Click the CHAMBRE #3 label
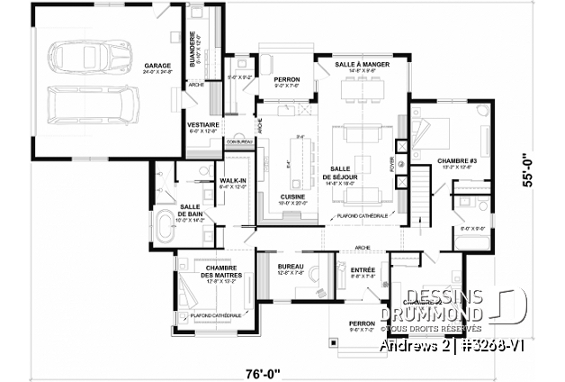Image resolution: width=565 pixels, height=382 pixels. point(455,161)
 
